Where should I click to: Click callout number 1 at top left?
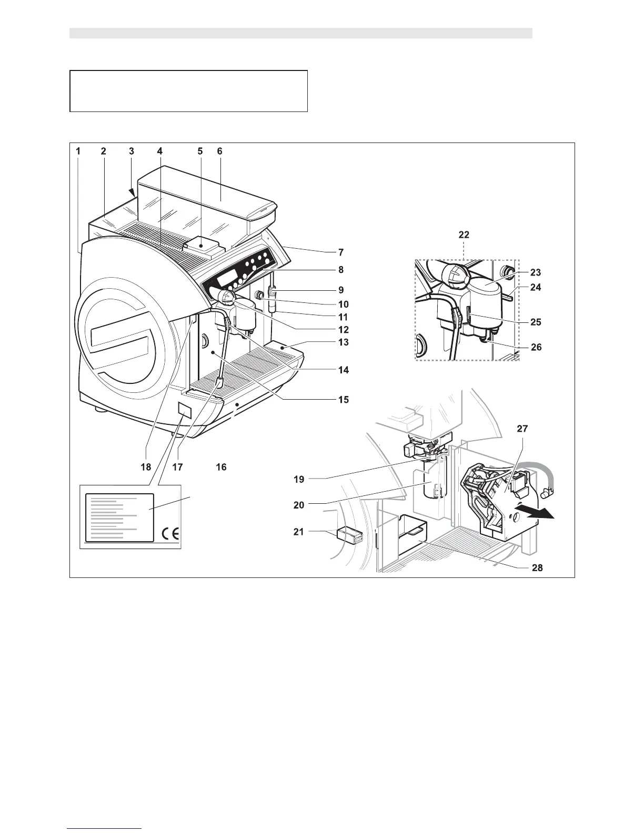point(78,151)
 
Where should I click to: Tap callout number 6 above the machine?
point(219,151)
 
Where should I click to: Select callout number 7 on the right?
point(341,252)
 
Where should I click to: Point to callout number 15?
point(343,400)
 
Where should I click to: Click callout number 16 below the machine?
point(221,467)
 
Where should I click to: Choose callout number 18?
point(146,467)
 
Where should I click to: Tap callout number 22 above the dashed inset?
point(464,235)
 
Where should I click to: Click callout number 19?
point(299,479)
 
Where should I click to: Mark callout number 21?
point(299,532)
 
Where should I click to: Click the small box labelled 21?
point(350,536)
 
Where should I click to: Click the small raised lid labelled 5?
point(202,245)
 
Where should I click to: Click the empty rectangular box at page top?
point(188,91)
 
